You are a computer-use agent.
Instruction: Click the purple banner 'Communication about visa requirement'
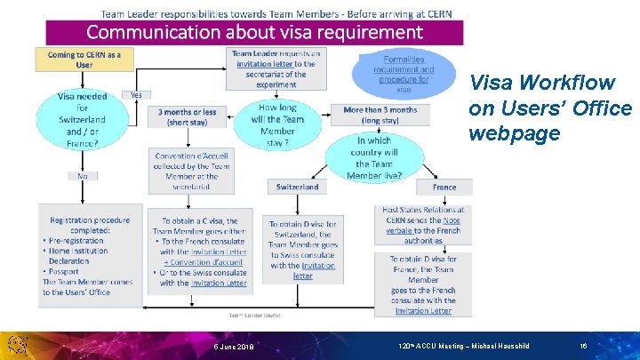pos(254,33)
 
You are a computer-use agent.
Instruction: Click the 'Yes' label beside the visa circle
pos(137,94)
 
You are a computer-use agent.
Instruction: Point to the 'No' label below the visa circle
pos(82,175)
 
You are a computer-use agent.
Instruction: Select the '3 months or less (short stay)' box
pos(187,117)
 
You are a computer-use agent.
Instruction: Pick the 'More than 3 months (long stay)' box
pos(380,115)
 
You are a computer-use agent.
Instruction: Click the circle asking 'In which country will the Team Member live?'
pos(373,157)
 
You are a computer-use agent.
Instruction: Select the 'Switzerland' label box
pos(297,188)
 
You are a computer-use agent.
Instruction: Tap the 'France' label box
pos(444,188)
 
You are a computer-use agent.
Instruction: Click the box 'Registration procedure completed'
pos(88,256)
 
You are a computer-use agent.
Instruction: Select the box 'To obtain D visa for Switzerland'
pos(303,250)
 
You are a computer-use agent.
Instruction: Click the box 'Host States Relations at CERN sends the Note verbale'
pos(423,225)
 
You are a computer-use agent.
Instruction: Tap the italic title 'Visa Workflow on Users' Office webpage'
pos(550,108)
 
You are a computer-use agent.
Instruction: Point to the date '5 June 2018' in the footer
pos(233,346)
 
